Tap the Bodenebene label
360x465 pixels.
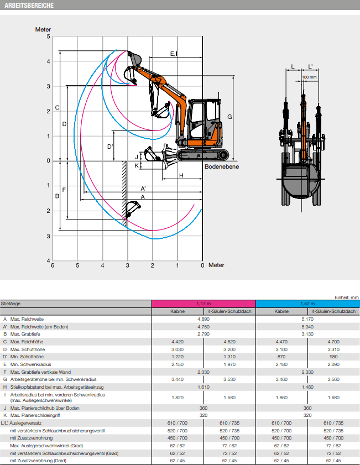(x=222, y=166)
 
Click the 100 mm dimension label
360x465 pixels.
(x=310, y=77)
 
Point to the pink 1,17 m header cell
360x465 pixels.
(x=204, y=304)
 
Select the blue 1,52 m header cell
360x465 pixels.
(x=307, y=304)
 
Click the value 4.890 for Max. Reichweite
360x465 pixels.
(x=204, y=319)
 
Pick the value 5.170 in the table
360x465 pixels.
(x=307, y=319)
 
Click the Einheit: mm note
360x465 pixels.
(x=346, y=297)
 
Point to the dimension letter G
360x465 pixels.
(x=229, y=117)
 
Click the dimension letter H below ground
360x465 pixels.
(x=181, y=175)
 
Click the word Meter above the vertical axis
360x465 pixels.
(x=43, y=29)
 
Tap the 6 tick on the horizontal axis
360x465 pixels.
(x=53, y=265)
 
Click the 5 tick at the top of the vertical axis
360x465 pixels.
(x=48, y=36)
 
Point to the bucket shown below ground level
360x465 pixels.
(x=132, y=210)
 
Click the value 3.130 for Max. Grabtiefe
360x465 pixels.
(x=307, y=334)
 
